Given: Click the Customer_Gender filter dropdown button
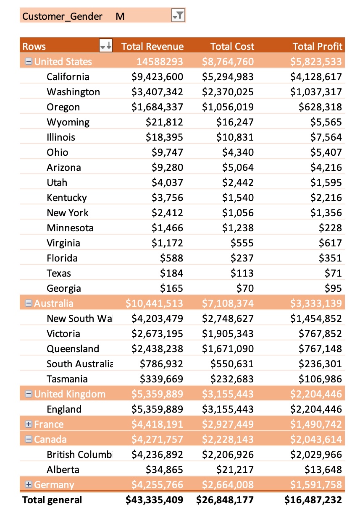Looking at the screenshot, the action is [178, 16].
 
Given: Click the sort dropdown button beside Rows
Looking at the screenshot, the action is [106, 45].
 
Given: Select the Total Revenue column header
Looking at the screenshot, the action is [152, 47].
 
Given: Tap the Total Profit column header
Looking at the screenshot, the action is [318, 47].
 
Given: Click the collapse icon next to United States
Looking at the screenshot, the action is [28, 61].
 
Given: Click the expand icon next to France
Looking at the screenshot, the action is [28, 424].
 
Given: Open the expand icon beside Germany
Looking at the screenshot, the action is [28, 484].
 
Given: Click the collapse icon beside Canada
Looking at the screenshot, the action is [28, 439].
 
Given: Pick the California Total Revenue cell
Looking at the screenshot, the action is [157, 77].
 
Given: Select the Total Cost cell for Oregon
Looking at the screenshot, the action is [228, 107].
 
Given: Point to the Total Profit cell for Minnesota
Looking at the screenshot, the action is [330, 228].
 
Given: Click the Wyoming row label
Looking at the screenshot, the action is [68, 122].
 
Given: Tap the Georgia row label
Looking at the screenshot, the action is [64, 288].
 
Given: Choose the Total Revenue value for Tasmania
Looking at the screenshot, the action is [162, 379].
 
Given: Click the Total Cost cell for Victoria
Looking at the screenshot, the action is [228, 334].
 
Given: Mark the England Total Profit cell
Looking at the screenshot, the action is [316, 409].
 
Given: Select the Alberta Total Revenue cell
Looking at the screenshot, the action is [165, 470].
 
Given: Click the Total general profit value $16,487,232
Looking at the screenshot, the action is [313, 500].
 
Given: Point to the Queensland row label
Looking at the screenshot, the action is [73, 349].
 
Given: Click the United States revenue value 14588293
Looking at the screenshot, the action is [160, 62].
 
